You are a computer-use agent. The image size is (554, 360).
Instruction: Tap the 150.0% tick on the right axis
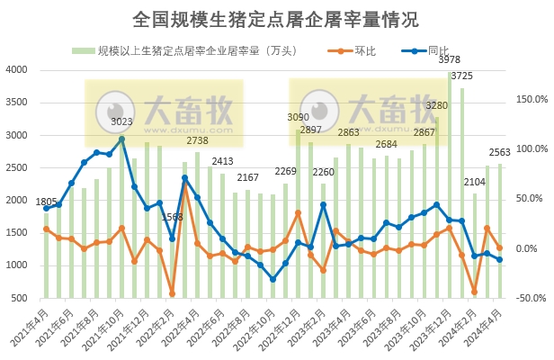pos(532,99)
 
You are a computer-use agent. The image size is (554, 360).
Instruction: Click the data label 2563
pos(501,152)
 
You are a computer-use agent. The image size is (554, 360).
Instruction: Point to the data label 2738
pos(197,140)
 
